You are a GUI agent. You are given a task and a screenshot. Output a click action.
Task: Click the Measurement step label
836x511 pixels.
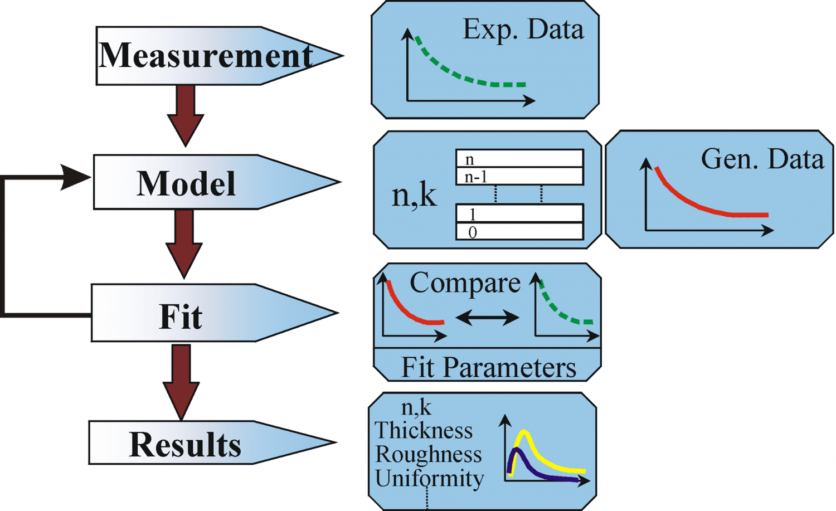point(205,56)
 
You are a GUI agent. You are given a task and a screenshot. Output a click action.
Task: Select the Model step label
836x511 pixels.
point(186,183)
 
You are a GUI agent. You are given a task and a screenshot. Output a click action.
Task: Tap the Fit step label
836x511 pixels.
point(181,316)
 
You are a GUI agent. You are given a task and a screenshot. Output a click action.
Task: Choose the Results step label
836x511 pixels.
point(185,445)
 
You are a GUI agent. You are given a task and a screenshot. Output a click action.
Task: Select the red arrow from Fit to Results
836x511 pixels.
point(181,382)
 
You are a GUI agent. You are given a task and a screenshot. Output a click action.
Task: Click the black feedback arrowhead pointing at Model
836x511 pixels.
point(75,177)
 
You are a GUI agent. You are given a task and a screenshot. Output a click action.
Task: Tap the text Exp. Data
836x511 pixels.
point(523,30)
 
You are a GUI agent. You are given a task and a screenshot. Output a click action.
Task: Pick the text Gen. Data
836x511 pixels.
point(762,159)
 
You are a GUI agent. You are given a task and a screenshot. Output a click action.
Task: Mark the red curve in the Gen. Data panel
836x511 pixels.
point(697,205)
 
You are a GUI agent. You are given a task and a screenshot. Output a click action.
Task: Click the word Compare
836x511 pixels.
point(465,283)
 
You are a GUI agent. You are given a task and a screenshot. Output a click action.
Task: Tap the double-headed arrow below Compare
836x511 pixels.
point(487,318)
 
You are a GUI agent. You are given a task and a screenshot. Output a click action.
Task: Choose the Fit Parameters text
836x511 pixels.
point(488,368)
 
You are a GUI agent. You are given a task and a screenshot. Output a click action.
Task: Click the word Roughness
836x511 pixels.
point(428,455)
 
